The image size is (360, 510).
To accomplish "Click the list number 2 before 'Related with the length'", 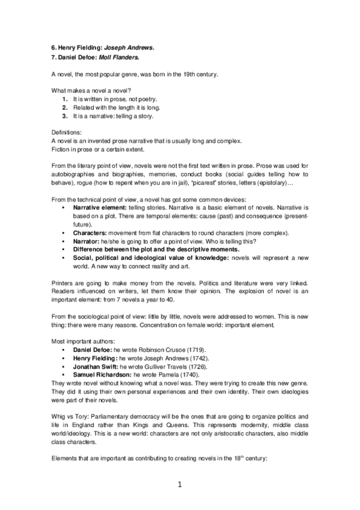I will (x=65, y=107).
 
